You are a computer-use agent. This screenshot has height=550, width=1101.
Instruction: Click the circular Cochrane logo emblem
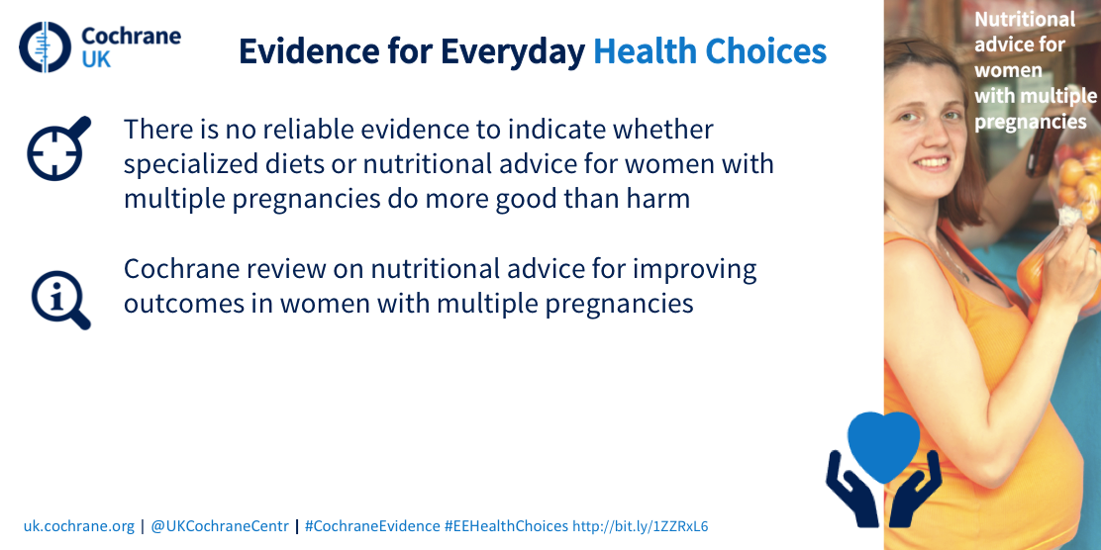(45, 47)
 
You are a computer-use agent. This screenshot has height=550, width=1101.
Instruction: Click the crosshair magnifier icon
(59, 148)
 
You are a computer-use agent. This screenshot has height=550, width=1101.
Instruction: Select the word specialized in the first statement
(182, 165)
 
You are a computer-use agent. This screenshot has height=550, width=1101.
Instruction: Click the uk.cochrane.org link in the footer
(78, 526)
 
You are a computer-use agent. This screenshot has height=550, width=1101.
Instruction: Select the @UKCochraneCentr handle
(220, 526)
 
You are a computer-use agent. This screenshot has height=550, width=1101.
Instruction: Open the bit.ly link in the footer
(641, 526)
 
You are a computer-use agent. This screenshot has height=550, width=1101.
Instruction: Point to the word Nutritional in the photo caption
(1025, 19)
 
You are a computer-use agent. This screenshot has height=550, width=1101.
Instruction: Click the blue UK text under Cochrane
(96, 59)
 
